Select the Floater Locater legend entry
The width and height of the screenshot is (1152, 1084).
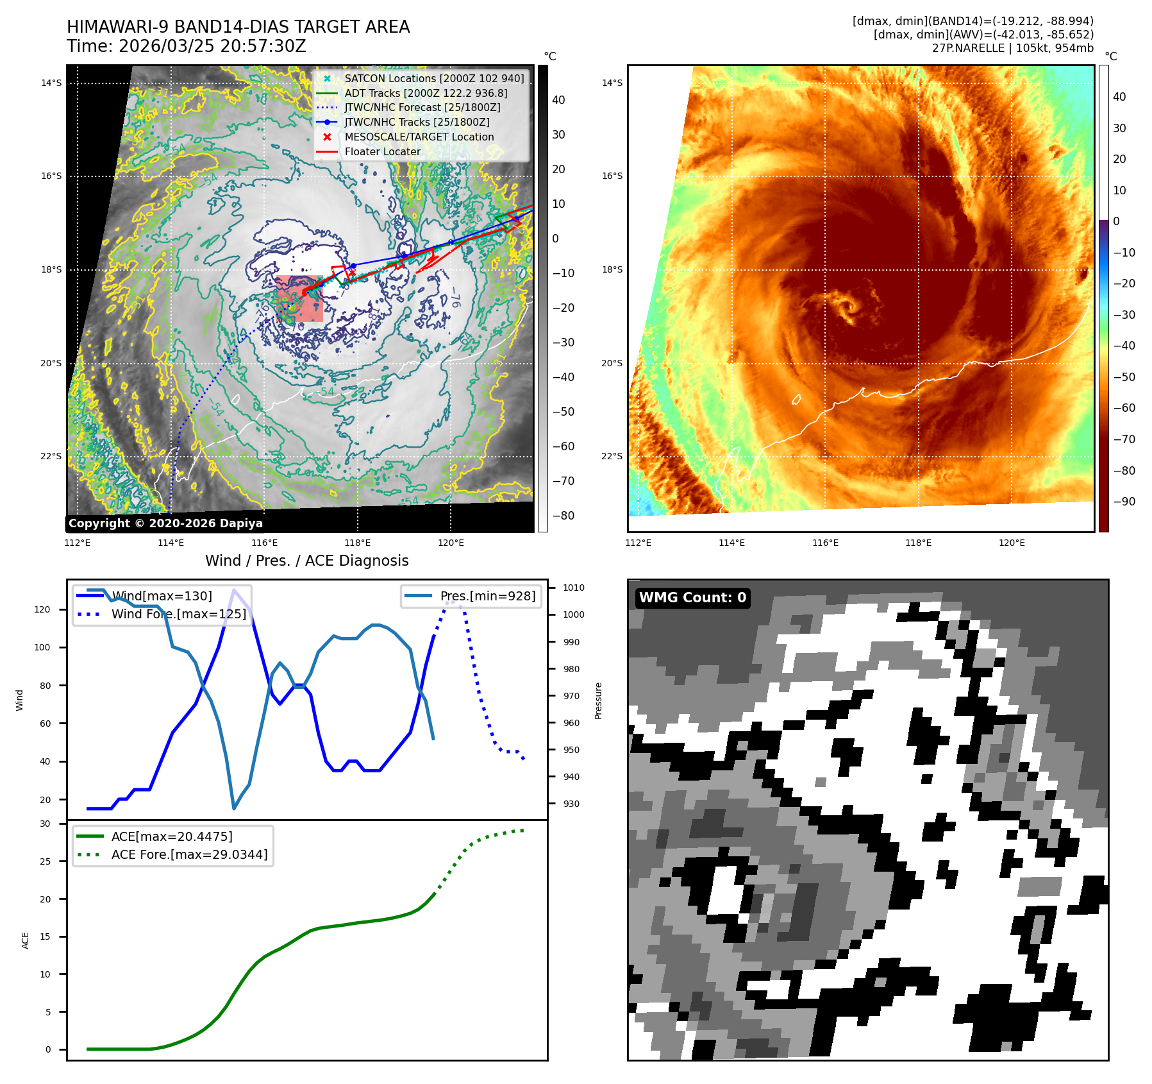tap(382, 151)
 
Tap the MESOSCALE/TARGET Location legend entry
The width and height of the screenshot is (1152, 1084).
tap(419, 137)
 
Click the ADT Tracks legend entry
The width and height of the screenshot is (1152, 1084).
tap(426, 93)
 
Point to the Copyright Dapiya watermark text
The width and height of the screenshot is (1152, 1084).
tap(165, 523)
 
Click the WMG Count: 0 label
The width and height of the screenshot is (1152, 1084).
tap(692, 598)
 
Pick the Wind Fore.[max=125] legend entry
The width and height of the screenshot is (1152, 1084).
tap(178, 614)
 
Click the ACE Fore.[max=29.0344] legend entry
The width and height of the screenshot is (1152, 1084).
tap(189, 854)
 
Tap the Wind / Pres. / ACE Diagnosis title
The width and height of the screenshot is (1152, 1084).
tap(306, 561)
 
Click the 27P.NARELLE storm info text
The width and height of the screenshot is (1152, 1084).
tap(1012, 48)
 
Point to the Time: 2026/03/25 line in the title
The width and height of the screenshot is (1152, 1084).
tap(187, 46)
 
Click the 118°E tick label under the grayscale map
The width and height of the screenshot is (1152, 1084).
tap(358, 543)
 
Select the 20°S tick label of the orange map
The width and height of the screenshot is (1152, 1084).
tap(612, 363)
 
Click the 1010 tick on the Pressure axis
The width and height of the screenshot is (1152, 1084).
tap(574, 588)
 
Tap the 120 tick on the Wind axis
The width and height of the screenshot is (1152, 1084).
tap(42, 609)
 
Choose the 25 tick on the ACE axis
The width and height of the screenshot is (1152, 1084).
tap(45, 861)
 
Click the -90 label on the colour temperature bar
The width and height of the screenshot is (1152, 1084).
tap(1124, 502)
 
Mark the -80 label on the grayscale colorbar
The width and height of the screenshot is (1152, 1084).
tap(563, 516)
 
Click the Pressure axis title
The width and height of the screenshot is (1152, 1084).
tap(598, 700)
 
